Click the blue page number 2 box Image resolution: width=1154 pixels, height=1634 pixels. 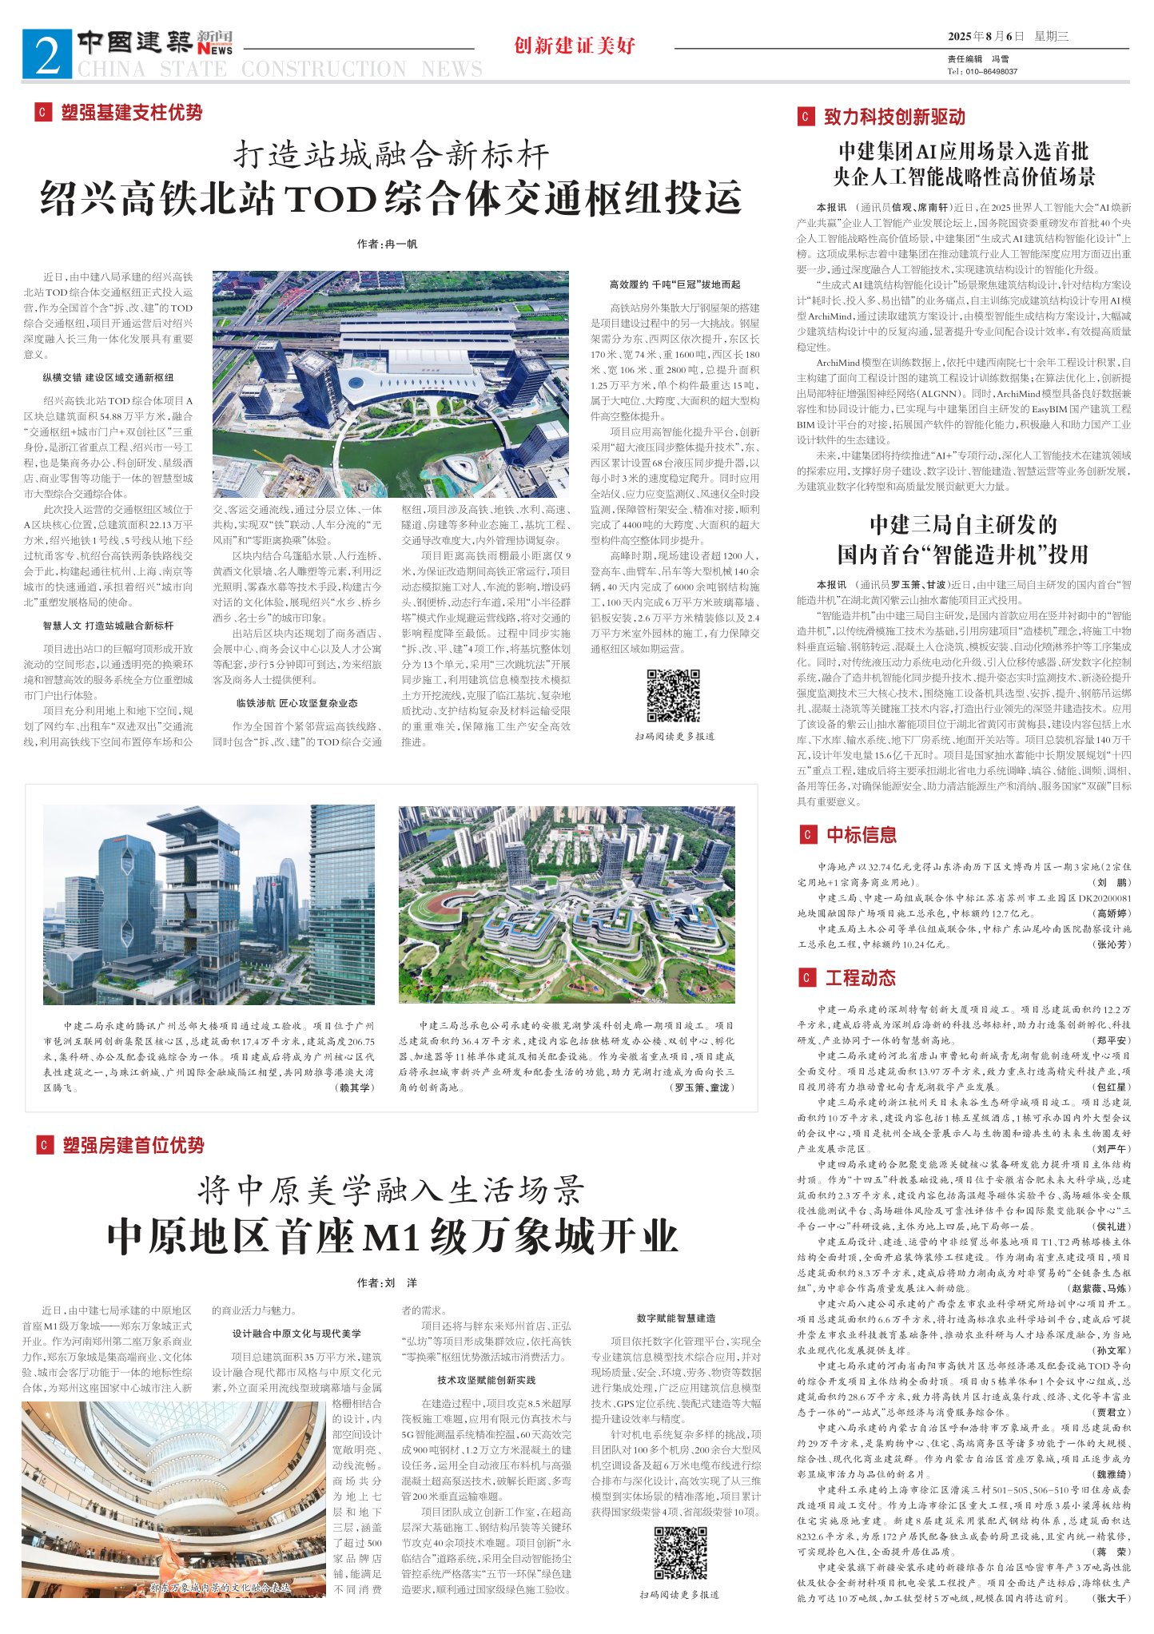[47, 54]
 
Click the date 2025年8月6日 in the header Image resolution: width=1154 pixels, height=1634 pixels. [985, 37]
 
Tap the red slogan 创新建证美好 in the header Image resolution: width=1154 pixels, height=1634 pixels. [575, 46]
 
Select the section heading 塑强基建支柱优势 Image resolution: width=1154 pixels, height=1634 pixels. [131, 113]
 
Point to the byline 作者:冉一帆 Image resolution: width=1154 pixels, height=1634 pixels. [388, 244]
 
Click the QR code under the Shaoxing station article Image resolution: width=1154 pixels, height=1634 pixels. [673, 694]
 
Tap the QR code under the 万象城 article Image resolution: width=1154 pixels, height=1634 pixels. [680, 1552]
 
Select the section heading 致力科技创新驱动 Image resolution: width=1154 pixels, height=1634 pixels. [894, 117]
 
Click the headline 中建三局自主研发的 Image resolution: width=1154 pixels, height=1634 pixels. [963, 525]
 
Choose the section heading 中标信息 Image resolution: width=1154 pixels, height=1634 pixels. [862, 835]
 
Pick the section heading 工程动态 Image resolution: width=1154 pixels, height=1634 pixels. [860, 978]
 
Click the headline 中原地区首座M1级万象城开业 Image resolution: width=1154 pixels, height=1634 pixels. [392, 1237]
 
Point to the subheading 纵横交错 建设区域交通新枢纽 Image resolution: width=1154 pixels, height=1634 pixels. [109, 377]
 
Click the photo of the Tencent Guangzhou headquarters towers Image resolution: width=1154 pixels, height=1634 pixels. [209, 904]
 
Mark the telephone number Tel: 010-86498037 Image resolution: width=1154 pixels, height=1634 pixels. [982, 72]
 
